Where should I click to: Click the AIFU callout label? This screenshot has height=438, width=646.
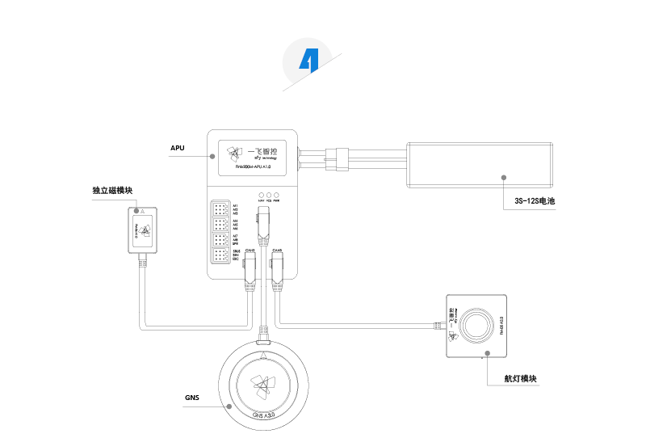point(178,149)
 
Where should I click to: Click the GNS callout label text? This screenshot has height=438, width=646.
point(191,397)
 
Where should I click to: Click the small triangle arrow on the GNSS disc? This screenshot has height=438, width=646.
point(264,354)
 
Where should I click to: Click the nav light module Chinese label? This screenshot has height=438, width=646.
point(521,378)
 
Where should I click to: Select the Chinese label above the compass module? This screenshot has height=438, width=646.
point(112,191)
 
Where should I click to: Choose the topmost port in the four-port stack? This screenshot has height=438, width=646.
point(220,207)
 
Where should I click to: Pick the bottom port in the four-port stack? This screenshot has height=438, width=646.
point(220,256)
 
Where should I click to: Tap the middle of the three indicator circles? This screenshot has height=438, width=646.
point(268,196)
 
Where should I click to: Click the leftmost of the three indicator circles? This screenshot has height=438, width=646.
point(259,196)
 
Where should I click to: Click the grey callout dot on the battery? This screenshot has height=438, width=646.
point(502,175)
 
